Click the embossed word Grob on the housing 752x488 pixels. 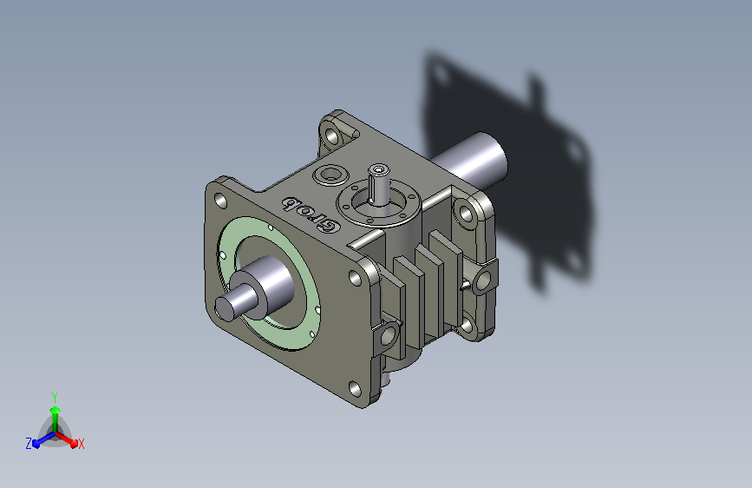coord(311,214)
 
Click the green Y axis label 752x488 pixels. coord(55,397)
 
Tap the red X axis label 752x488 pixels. coord(81,444)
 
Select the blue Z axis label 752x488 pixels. coord(29,444)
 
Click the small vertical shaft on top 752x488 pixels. coord(378,184)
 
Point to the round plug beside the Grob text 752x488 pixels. coord(330,175)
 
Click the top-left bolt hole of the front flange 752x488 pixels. coord(220,201)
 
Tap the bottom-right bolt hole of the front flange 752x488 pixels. coord(355,388)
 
